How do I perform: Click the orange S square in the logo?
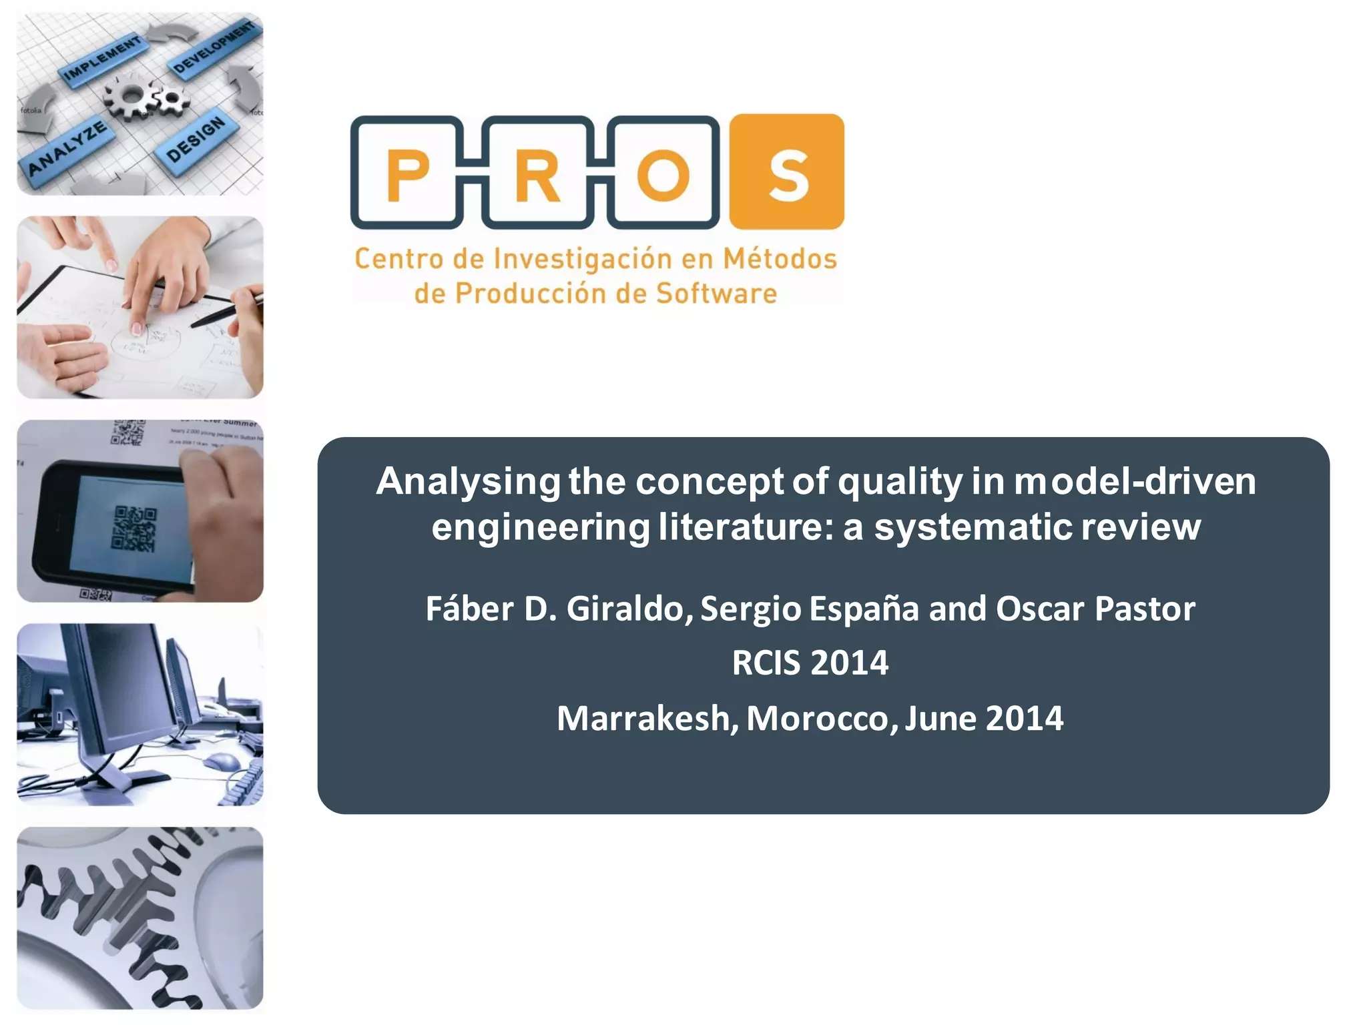(x=787, y=172)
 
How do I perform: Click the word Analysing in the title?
(x=468, y=481)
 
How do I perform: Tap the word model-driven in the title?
(x=1135, y=481)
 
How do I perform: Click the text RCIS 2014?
(x=810, y=663)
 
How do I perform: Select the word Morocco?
(x=822, y=719)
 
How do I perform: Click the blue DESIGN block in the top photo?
(x=196, y=139)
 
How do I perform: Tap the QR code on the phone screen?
(x=134, y=529)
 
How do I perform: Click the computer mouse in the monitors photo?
(x=221, y=760)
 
